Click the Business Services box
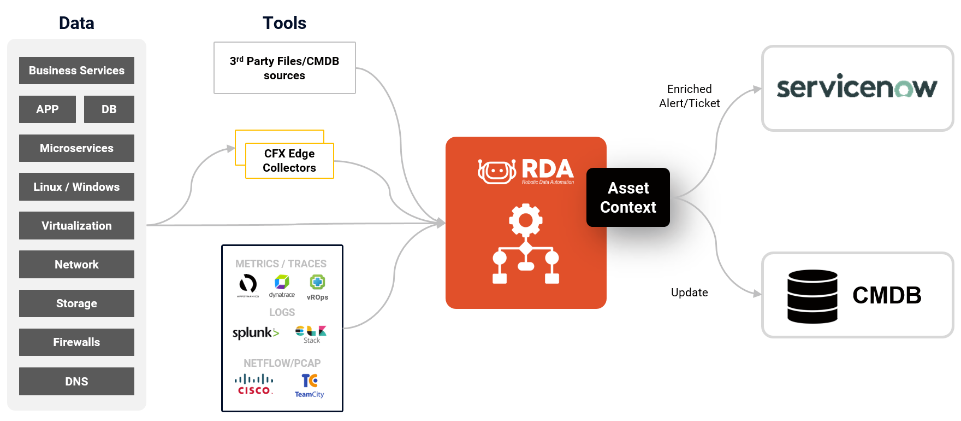click(x=76, y=71)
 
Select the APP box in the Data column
click(x=48, y=109)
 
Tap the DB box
click(x=109, y=109)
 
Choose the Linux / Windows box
click(x=76, y=187)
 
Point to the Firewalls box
click(x=76, y=342)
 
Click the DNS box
click(x=76, y=381)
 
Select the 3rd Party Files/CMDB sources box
click(x=284, y=68)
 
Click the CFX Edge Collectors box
click(x=289, y=161)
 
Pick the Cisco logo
click(x=254, y=384)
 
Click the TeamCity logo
click(x=310, y=385)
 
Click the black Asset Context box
click(x=628, y=197)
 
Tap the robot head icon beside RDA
click(x=496, y=172)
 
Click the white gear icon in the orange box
click(x=525, y=220)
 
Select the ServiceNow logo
click(x=857, y=87)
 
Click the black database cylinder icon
click(x=812, y=296)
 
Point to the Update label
click(x=689, y=293)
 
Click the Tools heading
click(x=284, y=23)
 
